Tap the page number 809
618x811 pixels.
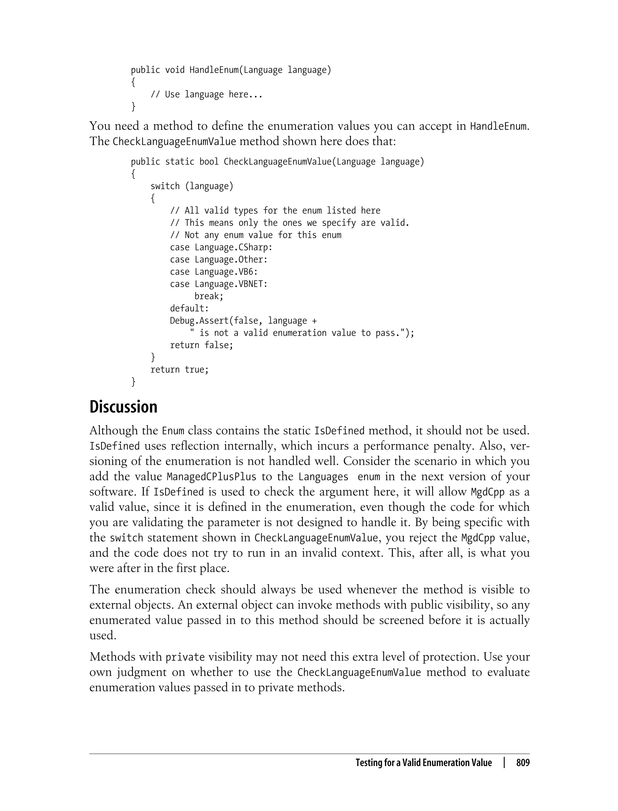pos(522,763)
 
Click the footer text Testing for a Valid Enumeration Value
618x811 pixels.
pos(423,763)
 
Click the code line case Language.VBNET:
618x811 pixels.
pos(218,284)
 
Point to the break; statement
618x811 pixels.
pos(209,296)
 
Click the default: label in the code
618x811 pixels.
pos(189,309)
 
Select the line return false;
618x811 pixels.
pos(201,345)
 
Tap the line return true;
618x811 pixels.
pos(179,370)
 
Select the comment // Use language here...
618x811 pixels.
pos(206,95)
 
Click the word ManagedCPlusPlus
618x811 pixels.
pos(211,477)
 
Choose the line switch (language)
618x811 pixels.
pos(192,186)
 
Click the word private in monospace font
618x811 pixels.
pos(185,657)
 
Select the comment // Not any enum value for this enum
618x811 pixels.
pos(255,235)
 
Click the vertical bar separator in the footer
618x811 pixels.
pos(504,762)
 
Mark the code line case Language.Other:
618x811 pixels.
pos(218,260)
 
